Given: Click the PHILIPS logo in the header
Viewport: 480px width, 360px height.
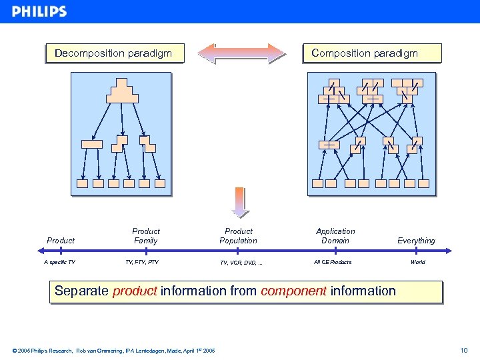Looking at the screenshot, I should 39,11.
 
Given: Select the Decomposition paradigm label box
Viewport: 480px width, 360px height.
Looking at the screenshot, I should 113,53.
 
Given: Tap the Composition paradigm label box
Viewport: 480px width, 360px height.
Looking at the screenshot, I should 365,53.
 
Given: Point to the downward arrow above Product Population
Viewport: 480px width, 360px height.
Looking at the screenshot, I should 239,202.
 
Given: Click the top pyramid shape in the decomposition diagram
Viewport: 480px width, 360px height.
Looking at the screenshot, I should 122,91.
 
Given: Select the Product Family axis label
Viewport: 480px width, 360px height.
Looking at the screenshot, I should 145,236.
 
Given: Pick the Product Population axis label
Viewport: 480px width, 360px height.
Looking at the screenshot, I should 238,236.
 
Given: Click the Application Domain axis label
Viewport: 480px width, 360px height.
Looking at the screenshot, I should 335,236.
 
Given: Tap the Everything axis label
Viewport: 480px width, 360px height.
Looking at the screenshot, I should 416,241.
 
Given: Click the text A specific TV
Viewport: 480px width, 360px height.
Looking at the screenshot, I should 60,262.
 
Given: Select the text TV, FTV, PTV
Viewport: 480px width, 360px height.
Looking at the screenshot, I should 142,262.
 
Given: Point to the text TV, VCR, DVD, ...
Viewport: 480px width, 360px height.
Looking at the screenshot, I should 241,263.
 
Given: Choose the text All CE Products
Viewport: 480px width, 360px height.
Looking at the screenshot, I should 333,262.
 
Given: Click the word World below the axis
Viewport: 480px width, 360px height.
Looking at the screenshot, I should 417,262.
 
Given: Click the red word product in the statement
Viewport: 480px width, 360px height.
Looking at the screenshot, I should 135,291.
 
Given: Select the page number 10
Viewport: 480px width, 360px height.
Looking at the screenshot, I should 464,350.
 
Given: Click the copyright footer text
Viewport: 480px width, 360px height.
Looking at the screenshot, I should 113,350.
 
